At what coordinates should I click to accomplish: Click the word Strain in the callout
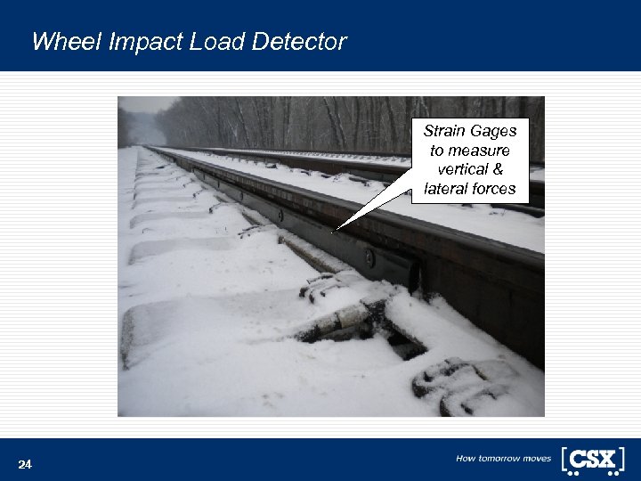[445, 131]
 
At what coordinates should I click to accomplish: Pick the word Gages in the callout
[494, 131]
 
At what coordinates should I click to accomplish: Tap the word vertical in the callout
[463, 169]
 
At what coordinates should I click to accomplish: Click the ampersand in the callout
[498, 169]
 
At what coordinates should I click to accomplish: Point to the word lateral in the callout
[446, 189]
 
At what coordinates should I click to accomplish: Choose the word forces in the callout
[494, 189]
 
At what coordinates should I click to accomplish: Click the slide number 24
[25, 465]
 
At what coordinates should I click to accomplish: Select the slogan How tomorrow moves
[503, 459]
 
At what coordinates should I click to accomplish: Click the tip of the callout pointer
[337, 231]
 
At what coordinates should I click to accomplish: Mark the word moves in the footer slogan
[538, 459]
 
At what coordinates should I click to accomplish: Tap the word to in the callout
[438, 151]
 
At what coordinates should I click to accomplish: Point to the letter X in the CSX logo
[607, 459]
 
